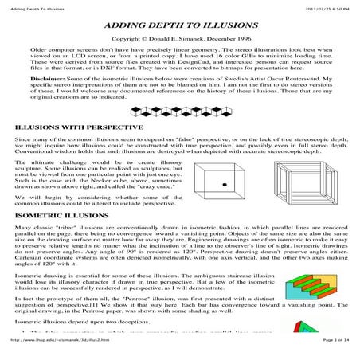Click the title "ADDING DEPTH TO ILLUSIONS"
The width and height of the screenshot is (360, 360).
(179, 26)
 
